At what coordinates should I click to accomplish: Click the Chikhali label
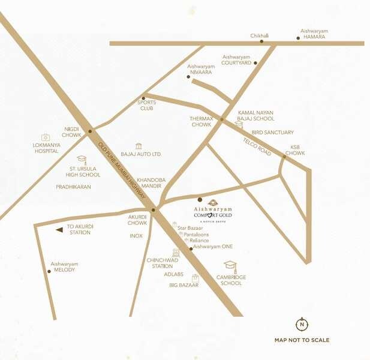click(260, 36)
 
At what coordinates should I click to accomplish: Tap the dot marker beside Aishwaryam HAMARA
click(298, 38)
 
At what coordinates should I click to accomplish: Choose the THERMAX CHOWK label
click(201, 122)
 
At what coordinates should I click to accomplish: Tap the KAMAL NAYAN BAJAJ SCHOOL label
click(256, 116)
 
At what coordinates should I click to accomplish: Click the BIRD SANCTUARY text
click(273, 132)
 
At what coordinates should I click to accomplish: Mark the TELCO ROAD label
click(257, 147)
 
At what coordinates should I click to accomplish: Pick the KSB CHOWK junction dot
click(285, 156)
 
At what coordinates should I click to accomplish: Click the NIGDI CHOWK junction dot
click(91, 131)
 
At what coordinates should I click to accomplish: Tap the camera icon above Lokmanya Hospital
click(45, 137)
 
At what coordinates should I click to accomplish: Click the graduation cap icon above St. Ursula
click(82, 160)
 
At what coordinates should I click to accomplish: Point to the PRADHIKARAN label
click(73, 187)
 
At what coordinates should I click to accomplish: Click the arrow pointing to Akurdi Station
click(59, 229)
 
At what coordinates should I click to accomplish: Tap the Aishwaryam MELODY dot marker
click(49, 271)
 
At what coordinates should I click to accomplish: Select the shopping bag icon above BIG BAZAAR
click(195, 278)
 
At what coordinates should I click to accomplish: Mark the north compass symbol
click(302, 325)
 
